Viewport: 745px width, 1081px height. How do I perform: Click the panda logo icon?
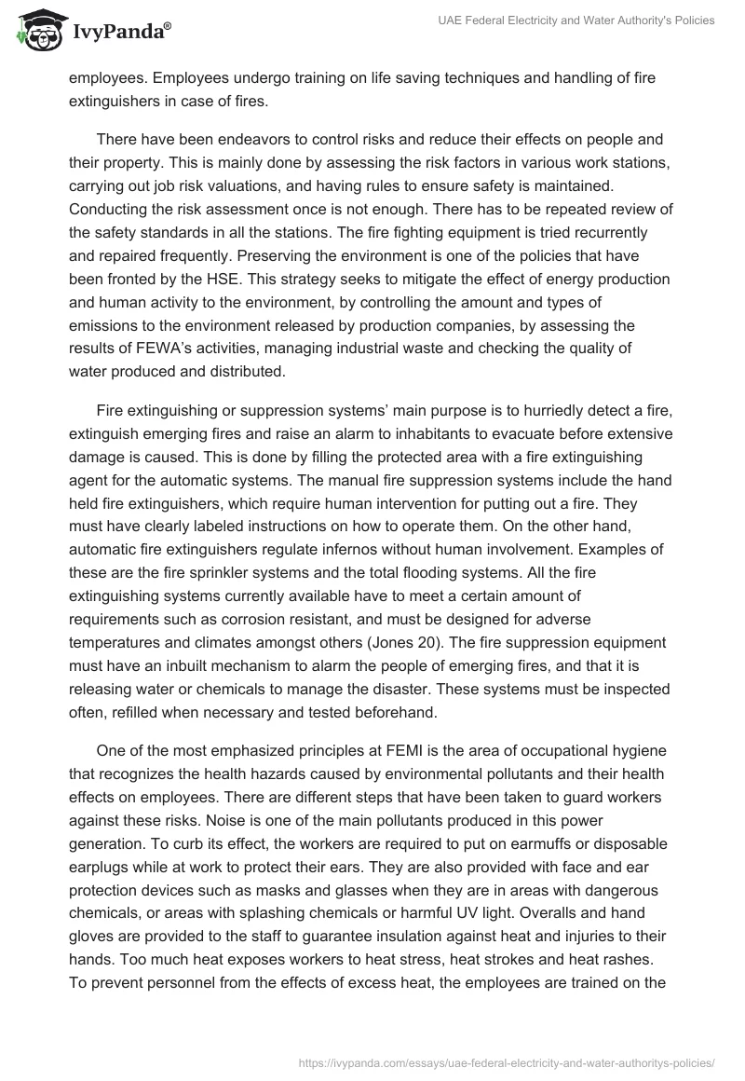coord(35,31)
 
